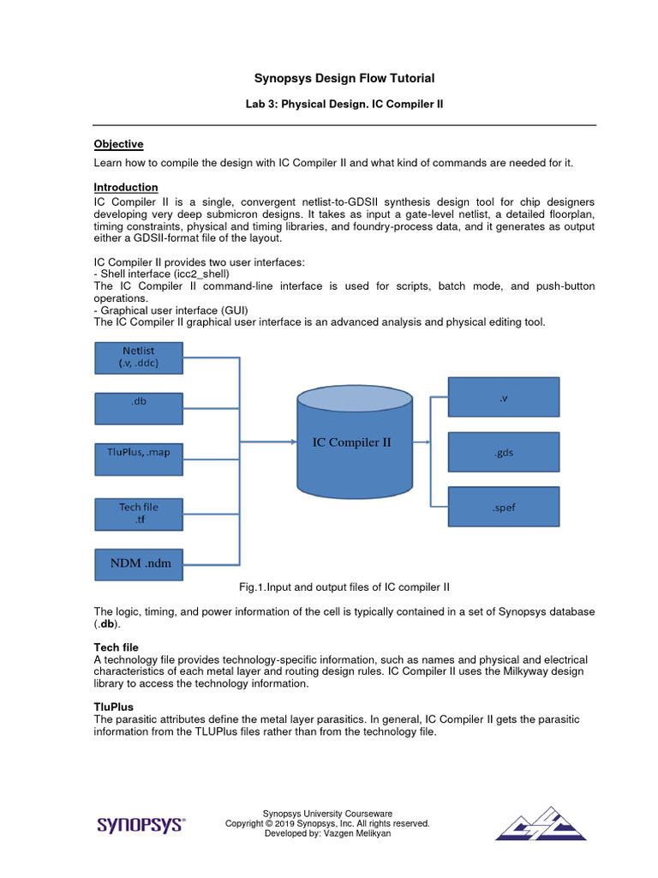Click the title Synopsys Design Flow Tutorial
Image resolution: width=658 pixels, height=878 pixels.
coord(344,79)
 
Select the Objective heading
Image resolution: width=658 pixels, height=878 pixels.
coord(118,144)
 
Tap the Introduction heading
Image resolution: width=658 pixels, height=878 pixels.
coord(125,187)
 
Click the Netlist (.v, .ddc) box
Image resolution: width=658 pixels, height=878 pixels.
coord(138,357)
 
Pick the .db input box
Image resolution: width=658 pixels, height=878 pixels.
coord(138,408)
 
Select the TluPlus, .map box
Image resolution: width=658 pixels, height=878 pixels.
coord(138,459)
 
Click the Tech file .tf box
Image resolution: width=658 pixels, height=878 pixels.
coord(138,513)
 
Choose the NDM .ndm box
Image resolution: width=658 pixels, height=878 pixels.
coord(138,563)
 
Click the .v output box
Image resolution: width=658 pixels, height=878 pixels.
coord(504,398)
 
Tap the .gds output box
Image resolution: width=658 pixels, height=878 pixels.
coord(504,453)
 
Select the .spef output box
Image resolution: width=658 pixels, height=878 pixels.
coord(504,507)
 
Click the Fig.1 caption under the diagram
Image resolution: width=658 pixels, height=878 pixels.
coord(344,587)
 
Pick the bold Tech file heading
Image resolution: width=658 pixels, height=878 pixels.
coord(116,646)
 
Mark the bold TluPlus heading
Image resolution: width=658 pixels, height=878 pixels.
coord(113,706)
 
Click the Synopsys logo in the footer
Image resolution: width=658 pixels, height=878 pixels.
coord(141,825)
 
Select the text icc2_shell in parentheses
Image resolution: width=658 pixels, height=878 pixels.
coord(199,274)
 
